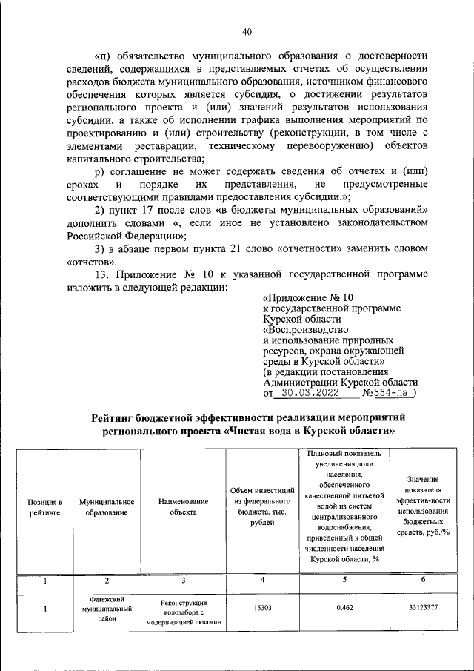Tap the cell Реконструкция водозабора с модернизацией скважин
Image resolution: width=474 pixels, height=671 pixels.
[182, 612]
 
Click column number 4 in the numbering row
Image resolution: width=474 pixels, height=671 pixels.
[262, 579]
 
